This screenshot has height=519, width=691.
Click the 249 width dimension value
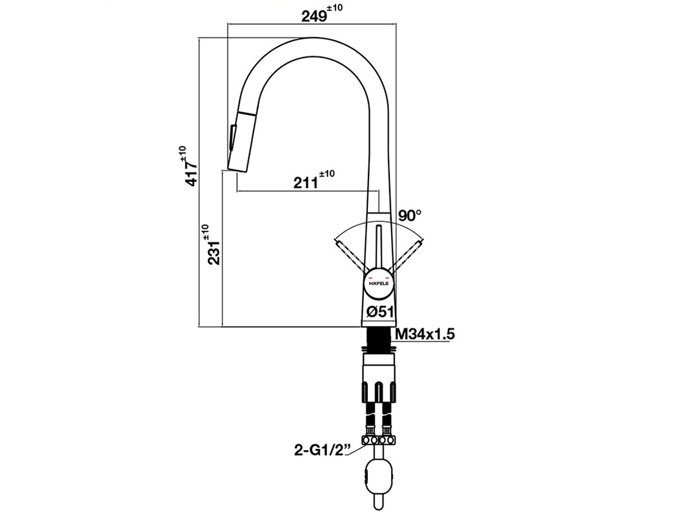(x=314, y=16)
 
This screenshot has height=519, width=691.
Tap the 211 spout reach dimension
(x=306, y=183)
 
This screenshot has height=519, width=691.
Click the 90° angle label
(x=409, y=216)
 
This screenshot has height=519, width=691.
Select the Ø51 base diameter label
(x=380, y=311)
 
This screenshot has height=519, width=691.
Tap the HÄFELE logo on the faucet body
(x=378, y=284)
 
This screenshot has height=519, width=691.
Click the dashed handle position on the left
(x=348, y=253)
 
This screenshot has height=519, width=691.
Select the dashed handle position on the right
(x=408, y=253)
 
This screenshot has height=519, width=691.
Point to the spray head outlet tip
(x=237, y=168)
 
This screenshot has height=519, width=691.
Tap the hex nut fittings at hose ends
(x=378, y=440)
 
